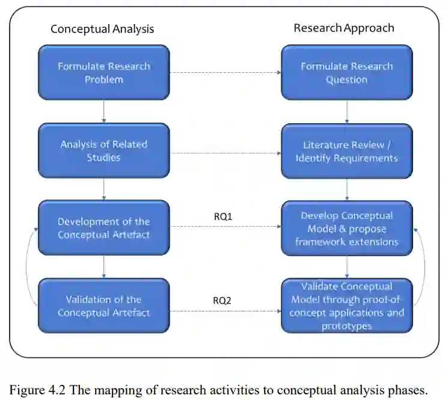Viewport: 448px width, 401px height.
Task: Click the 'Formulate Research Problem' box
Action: (104, 73)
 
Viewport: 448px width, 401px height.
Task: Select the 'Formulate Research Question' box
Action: (346, 73)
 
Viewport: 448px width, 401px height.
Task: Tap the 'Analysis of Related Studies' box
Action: (104, 151)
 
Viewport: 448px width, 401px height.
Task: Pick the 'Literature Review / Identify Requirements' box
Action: (346, 151)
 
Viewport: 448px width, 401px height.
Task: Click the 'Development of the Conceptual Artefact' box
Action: (104, 228)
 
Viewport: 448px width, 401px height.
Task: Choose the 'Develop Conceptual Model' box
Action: (346, 228)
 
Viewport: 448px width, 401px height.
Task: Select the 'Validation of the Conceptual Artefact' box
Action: (104, 305)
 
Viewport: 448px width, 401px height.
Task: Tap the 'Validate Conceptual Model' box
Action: (346, 305)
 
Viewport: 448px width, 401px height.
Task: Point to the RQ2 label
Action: (222, 300)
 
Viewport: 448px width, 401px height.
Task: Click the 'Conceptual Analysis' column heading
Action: (102, 29)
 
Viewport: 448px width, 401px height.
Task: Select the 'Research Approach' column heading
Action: (344, 28)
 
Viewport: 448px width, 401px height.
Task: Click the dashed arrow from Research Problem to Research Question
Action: (225, 73)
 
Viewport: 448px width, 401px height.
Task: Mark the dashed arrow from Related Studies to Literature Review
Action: (225, 153)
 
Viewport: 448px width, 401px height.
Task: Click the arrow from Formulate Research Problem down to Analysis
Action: (104, 112)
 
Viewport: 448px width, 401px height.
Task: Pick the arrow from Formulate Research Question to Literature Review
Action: (347, 112)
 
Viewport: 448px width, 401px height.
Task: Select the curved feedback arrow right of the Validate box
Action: (424, 265)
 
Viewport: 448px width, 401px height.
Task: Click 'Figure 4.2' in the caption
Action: (37, 390)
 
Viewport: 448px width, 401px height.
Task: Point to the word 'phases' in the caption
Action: (408, 390)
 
